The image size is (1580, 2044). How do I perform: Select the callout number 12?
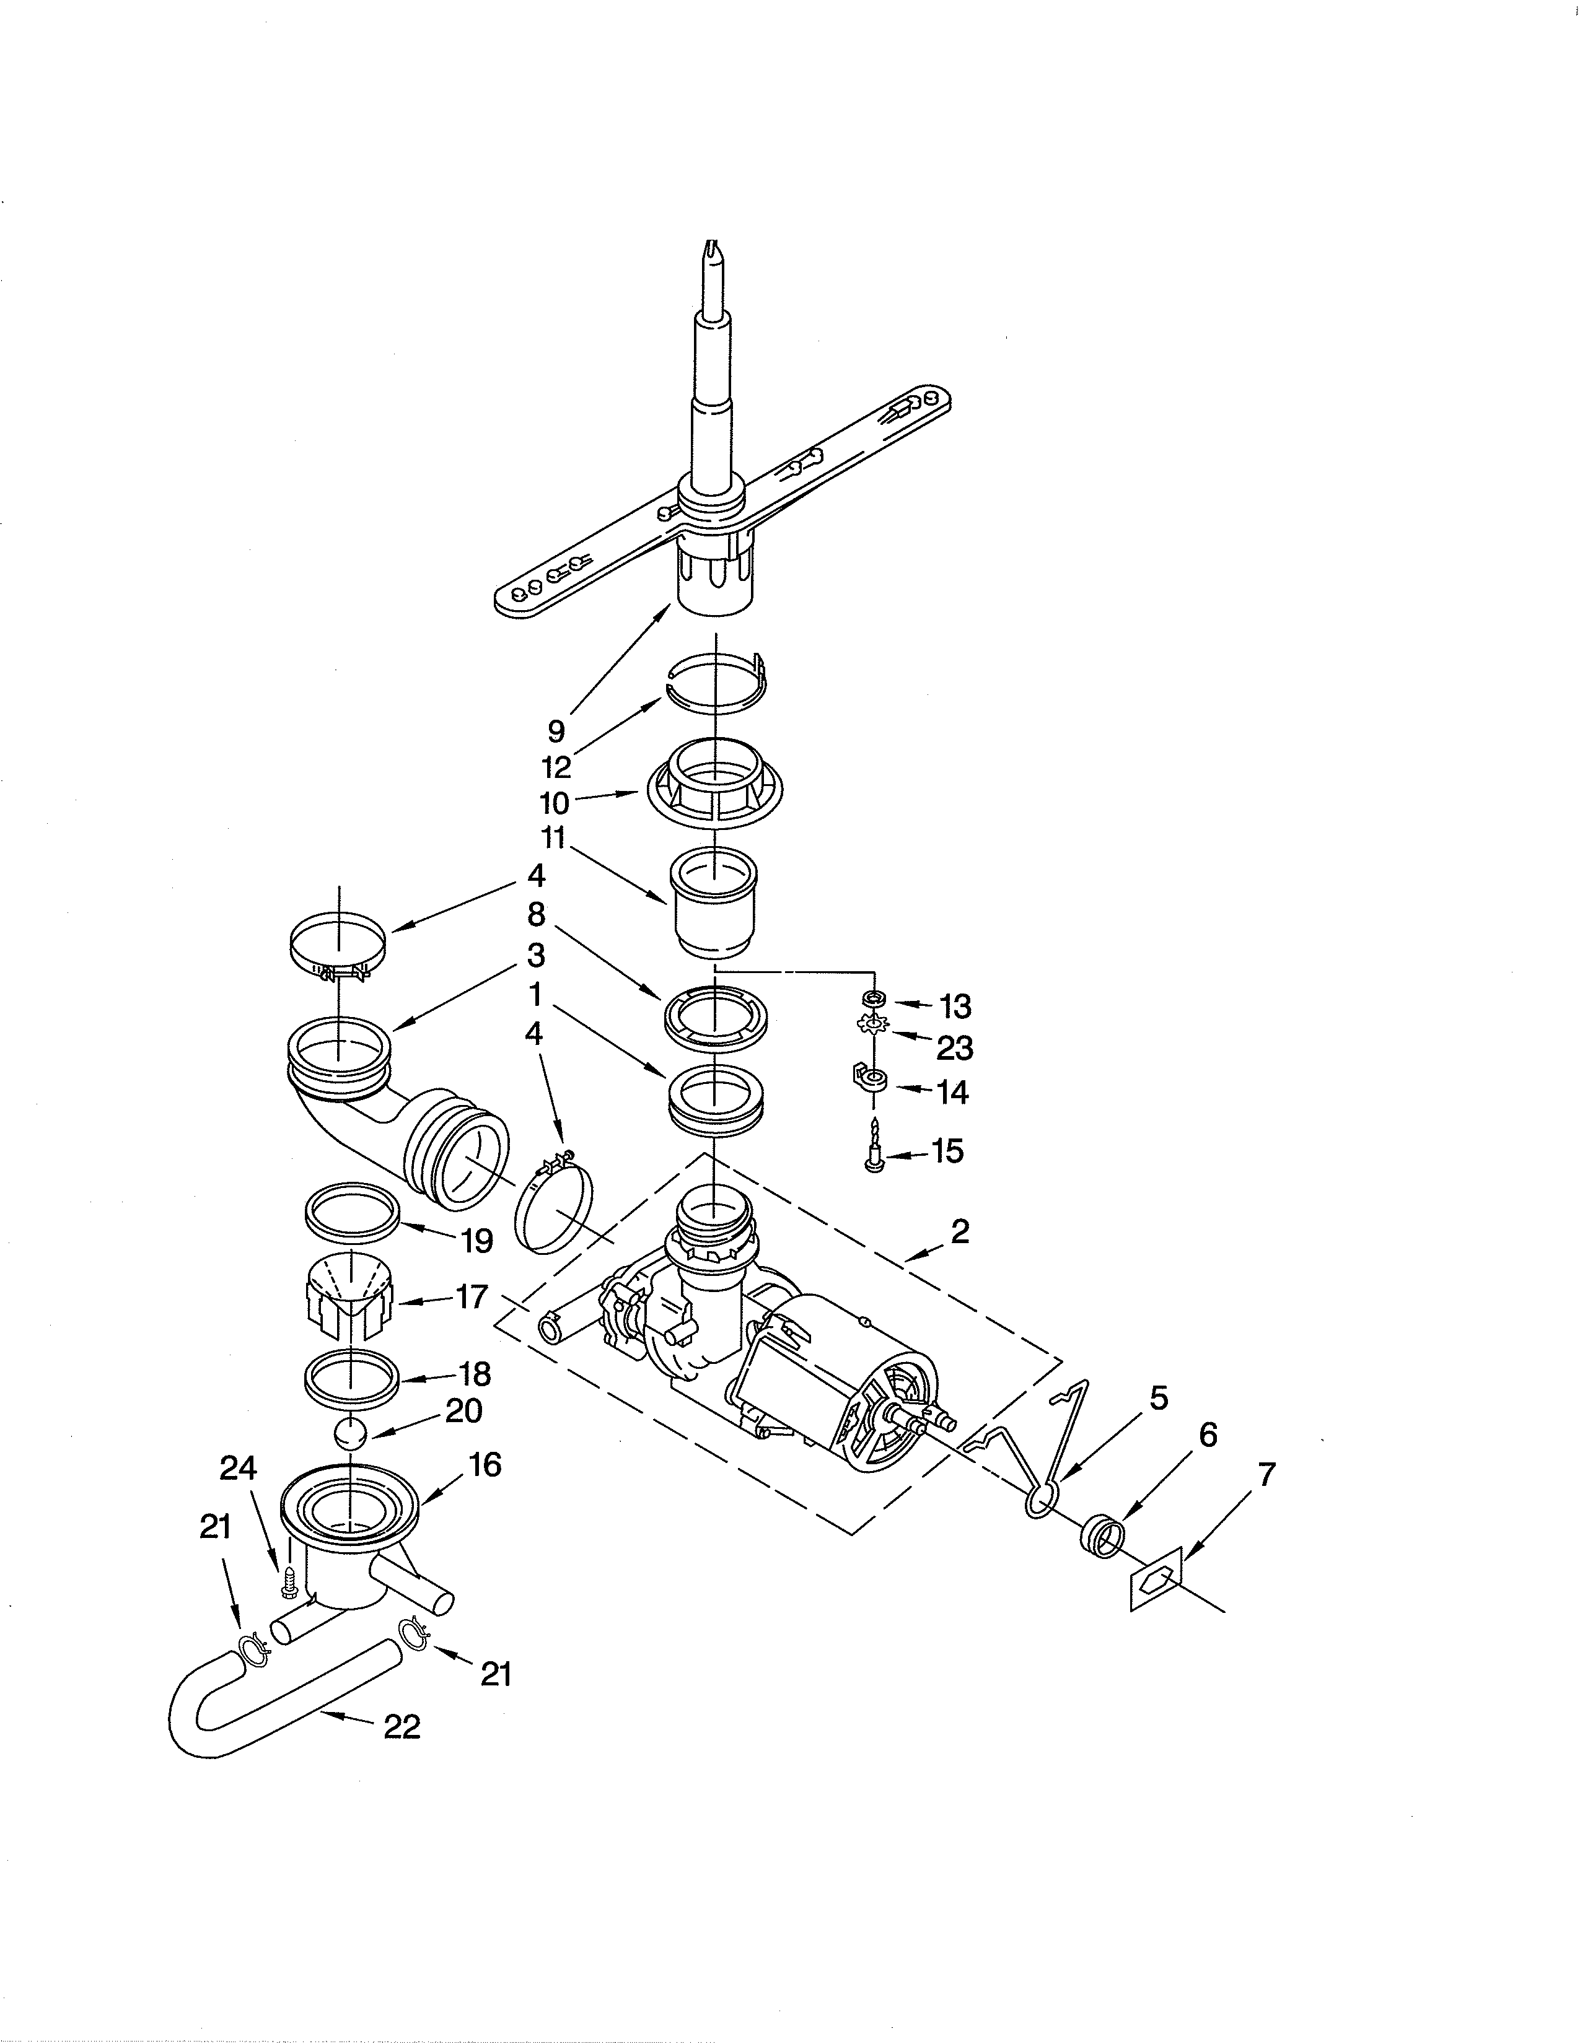[x=556, y=767]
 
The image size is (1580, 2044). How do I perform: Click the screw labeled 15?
[x=875, y=1145]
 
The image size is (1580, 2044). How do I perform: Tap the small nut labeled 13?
[x=873, y=998]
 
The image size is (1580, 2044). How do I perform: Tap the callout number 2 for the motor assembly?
[x=959, y=1231]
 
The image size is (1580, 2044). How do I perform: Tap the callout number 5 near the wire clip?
[x=1158, y=1398]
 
